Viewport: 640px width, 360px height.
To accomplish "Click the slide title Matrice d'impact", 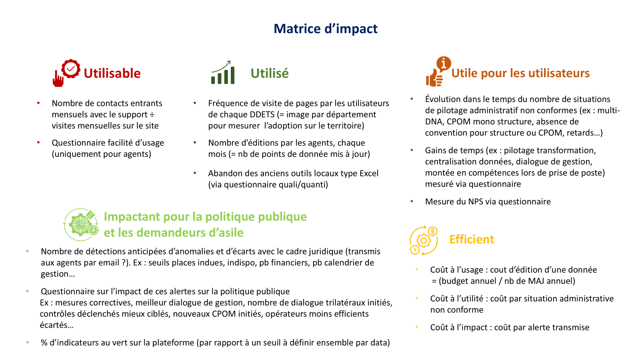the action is tap(326, 28).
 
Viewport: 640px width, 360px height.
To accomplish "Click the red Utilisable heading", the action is tap(112, 73).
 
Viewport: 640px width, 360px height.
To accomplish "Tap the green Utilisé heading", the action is tap(270, 73).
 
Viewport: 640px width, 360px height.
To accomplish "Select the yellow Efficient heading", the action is tap(472, 239).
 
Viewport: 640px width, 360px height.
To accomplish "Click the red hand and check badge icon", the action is tap(66, 73).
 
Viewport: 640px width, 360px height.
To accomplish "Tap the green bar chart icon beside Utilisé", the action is tap(223, 72).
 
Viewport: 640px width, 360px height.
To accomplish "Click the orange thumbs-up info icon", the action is tap(438, 72).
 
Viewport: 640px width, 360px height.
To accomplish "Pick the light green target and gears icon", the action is tap(81, 224).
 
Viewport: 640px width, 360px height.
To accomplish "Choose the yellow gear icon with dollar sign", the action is tap(424, 240).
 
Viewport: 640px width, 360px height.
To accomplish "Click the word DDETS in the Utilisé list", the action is tap(262, 114).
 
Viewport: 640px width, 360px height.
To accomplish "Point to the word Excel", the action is tap(369, 173).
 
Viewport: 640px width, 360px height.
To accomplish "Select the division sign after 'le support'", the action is tap(152, 114).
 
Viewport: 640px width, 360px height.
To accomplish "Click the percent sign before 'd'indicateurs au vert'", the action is tap(44, 342).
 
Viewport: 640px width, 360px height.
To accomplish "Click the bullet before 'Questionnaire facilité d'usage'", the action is tap(38, 142).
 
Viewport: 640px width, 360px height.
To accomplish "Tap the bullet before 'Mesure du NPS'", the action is tap(412, 201).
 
